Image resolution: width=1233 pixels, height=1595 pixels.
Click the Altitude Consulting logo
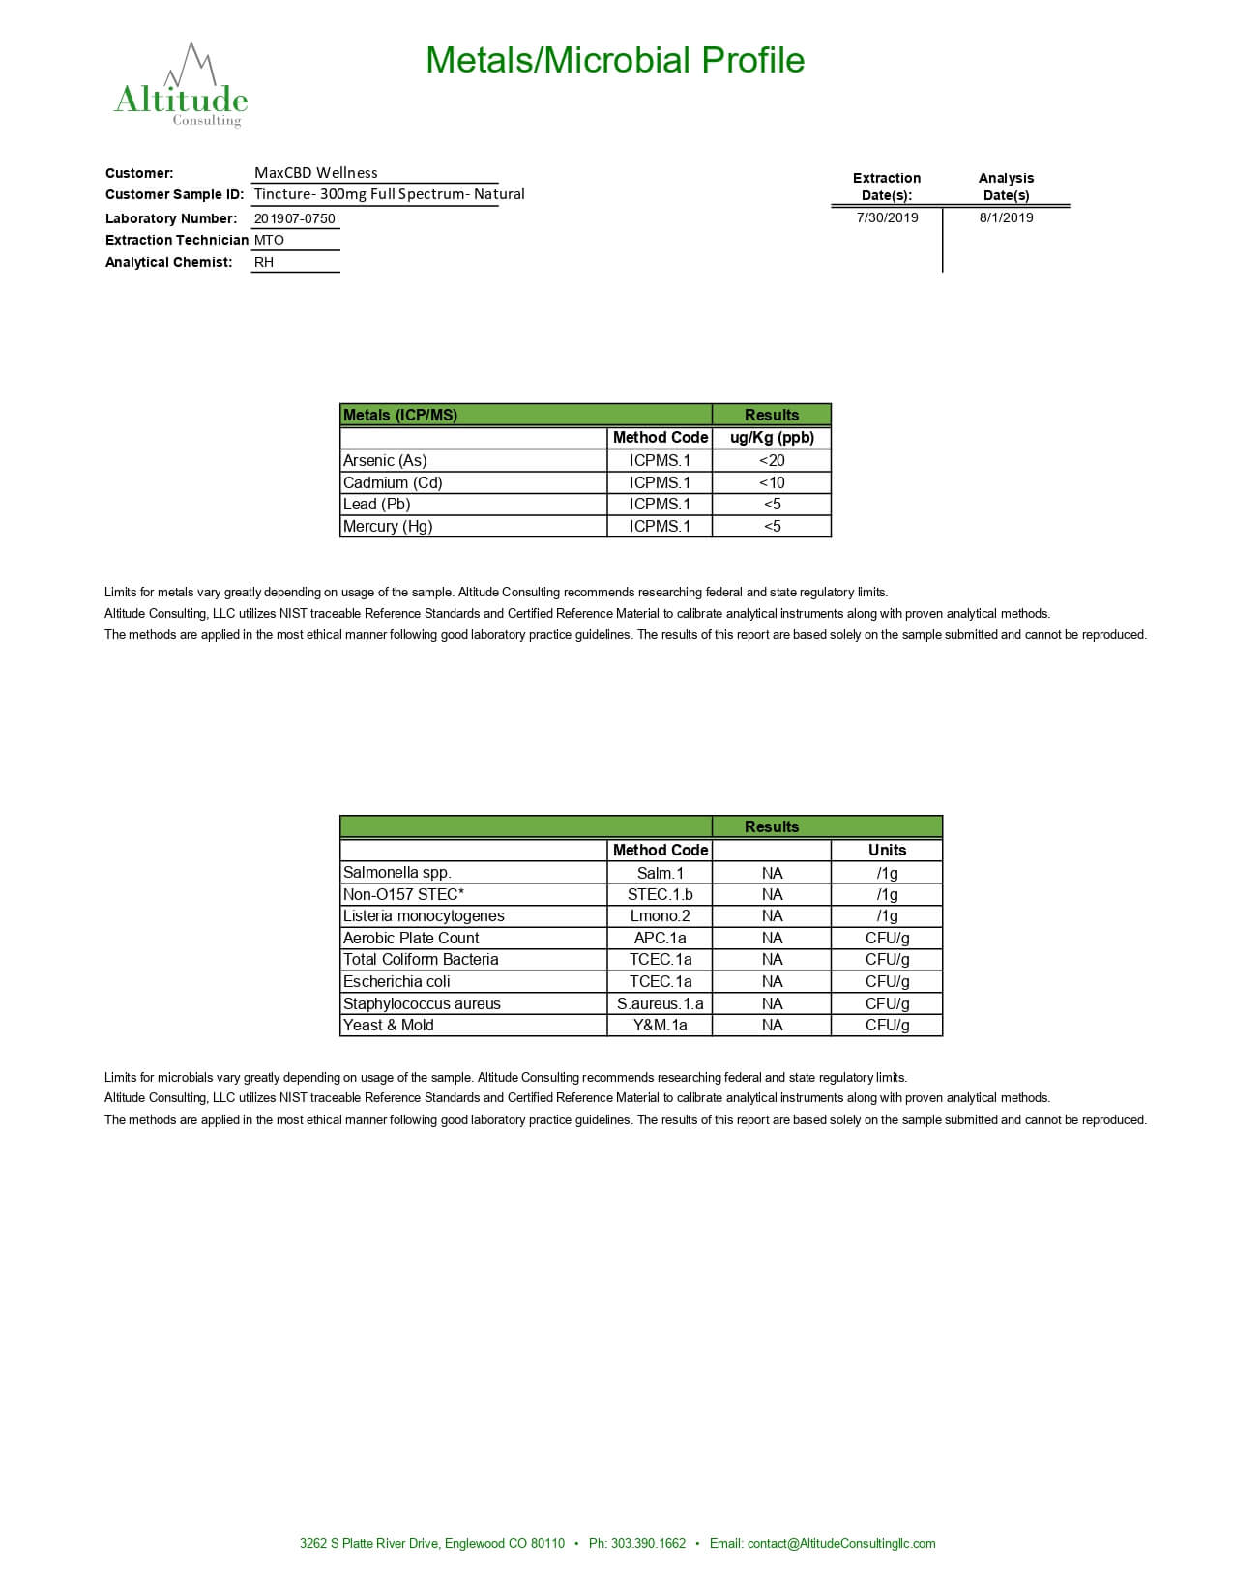tap(181, 87)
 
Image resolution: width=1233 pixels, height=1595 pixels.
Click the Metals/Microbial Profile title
tap(615, 60)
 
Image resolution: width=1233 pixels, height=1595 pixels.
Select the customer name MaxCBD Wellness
tap(316, 173)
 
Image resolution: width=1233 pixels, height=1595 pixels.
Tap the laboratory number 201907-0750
tap(295, 218)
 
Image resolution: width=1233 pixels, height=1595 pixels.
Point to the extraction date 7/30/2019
tap(887, 217)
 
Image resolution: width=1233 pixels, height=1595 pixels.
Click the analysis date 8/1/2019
tap(1006, 217)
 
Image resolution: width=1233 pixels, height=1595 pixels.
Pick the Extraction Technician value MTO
tap(269, 240)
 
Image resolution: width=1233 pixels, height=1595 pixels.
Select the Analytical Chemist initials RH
tap(264, 262)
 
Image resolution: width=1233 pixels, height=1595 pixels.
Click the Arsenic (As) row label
tap(385, 460)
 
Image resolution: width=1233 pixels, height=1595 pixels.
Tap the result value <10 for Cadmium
tap(772, 482)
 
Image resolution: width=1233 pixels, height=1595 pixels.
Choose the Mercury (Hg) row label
tap(388, 526)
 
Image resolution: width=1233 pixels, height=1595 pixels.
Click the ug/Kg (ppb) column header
tap(772, 437)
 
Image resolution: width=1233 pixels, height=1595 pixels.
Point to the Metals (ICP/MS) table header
tap(400, 415)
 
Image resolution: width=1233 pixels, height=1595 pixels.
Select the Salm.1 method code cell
tap(660, 873)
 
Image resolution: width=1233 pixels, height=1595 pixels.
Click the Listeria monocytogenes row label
tap(424, 915)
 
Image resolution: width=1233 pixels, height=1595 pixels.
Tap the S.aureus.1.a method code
tap(660, 1003)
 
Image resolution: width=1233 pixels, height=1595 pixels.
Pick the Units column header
tap(887, 850)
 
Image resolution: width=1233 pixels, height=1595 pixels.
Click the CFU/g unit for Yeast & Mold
tap(887, 1025)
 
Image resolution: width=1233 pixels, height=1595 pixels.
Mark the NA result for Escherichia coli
tap(772, 981)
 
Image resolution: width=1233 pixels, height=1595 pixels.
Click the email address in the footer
tap(841, 1543)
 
